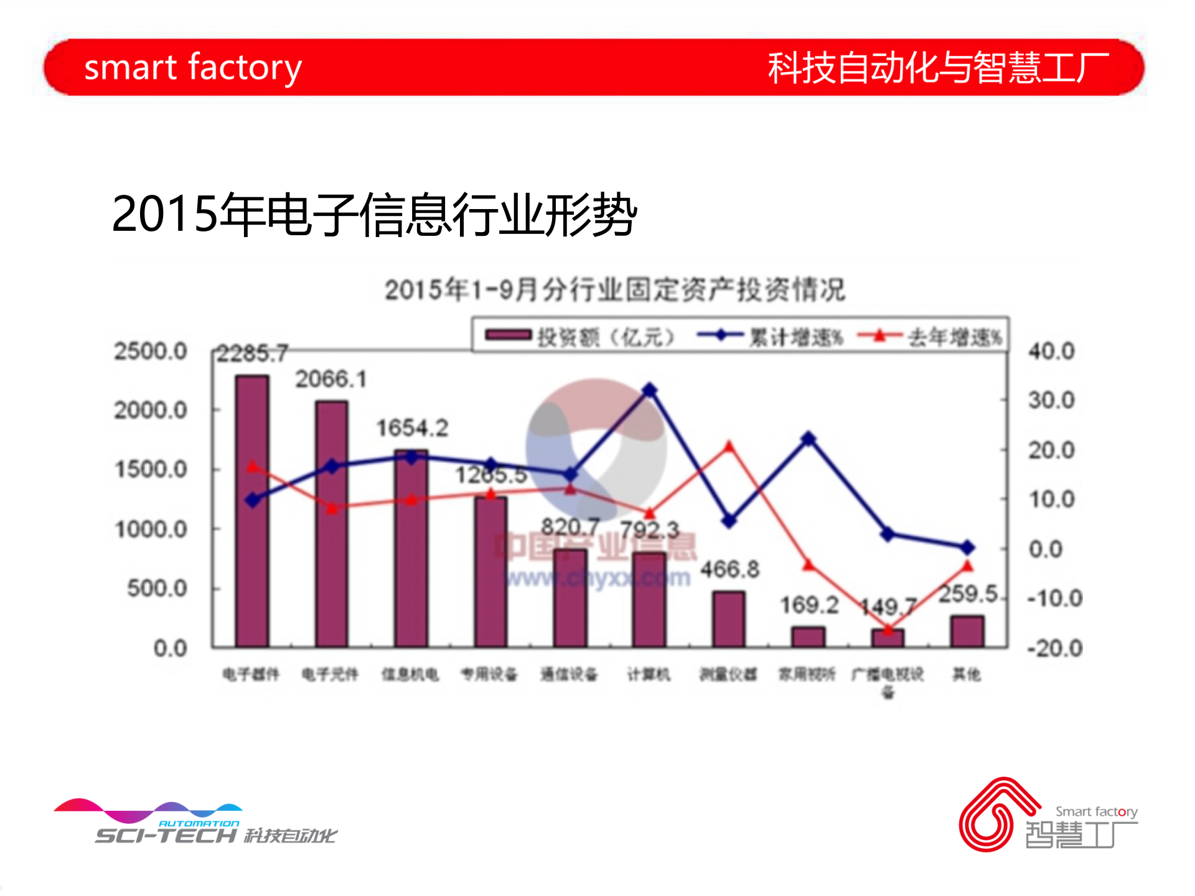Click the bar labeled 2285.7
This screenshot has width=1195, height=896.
click(252, 510)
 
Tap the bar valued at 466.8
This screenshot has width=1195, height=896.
click(729, 619)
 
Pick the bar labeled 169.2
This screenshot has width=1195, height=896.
click(808, 637)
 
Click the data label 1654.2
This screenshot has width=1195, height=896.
click(412, 428)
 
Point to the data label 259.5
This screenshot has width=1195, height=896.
click(968, 594)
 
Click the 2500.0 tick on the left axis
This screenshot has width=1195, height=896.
click(151, 352)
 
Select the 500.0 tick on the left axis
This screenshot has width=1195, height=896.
click(157, 588)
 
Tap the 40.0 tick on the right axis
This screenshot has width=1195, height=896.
click(1051, 352)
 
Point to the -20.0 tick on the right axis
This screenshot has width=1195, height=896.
click(1054, 648)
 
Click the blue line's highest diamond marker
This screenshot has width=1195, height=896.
click(650, 391)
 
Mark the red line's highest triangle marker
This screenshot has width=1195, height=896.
click(729, 446)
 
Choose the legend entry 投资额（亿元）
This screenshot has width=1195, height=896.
click(579, 337)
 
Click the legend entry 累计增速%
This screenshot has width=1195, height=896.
click(772, 337)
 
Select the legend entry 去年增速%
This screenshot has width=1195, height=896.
click(930, 337)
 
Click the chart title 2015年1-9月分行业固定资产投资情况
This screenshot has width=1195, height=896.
click(615, 290)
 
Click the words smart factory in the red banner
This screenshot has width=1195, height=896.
click(193, 67)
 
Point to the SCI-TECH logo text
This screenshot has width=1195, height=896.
click(166, 835)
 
